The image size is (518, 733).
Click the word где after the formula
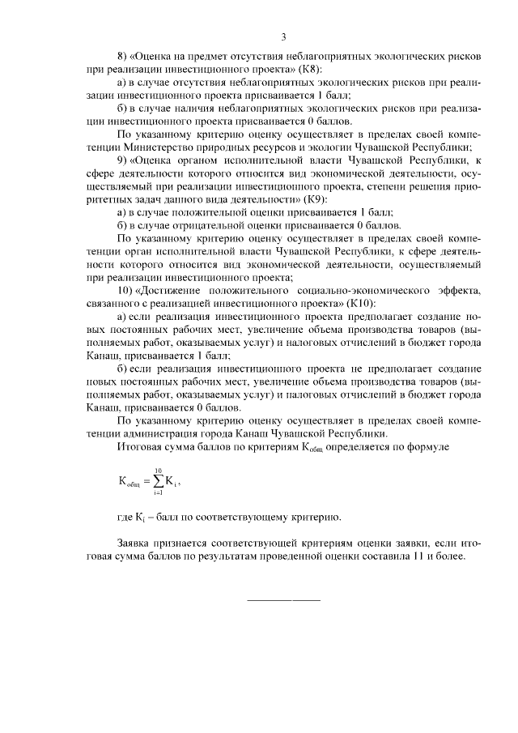126,517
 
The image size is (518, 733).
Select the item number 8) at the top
123,56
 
